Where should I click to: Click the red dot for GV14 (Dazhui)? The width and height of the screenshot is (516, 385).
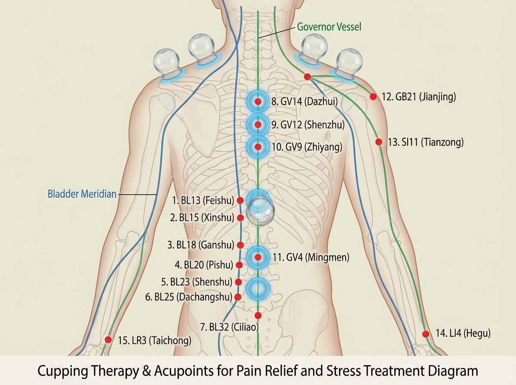tap(258, 101)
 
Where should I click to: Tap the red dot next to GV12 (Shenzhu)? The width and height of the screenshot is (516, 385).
tap(258, 125)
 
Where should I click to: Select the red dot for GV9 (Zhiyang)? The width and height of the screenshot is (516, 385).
tap(258, 147)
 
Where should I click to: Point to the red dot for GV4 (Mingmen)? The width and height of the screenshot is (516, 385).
tap(258, 257)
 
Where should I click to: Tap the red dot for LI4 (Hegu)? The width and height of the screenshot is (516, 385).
tap(426, 334)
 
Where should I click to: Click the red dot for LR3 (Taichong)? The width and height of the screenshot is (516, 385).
tap(108, 340)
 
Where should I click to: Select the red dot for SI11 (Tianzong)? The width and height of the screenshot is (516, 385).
tap(379, 142)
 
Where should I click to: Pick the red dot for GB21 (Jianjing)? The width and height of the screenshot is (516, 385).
tap(373, 97)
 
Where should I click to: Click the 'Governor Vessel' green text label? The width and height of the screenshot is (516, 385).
tap(329, 27)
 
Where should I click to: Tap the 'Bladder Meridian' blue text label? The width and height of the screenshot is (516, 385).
tap(82, 194)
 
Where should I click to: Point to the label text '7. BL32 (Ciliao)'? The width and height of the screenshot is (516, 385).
tap(230, 327)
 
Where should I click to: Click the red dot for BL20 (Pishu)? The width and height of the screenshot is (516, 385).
tap(239, 265)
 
